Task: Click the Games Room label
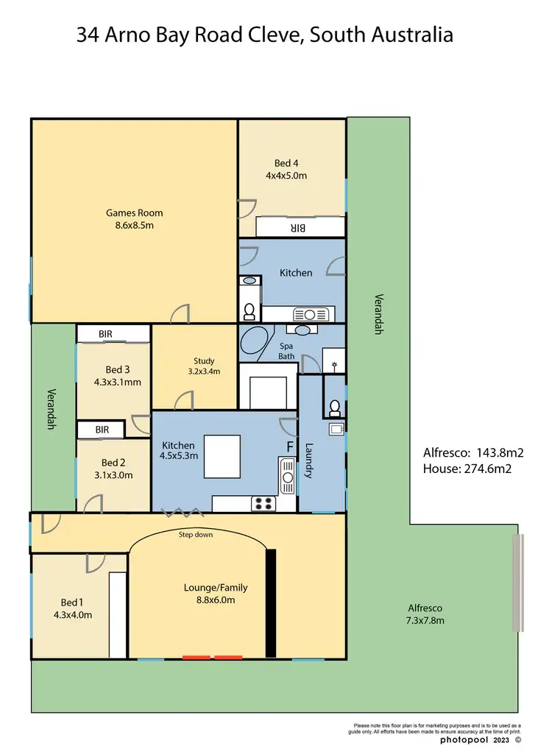[x=134, y=213]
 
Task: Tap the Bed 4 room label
[x=286, y=163]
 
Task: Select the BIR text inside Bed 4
[x=297, y=229]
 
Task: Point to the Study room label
[x=204, y=360]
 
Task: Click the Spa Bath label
[x=286, y=350]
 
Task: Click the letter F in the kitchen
[x=289, y=447]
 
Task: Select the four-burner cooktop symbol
[x=263, y=504]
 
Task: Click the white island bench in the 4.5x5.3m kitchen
[x=222, y=456]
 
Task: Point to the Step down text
[x=196, y=534]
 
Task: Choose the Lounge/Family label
[x=215, y=588]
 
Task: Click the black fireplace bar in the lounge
[x=270, y=602]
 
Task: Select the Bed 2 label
[x=113, y=463]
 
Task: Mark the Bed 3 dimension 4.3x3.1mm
[x=118, y=382]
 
